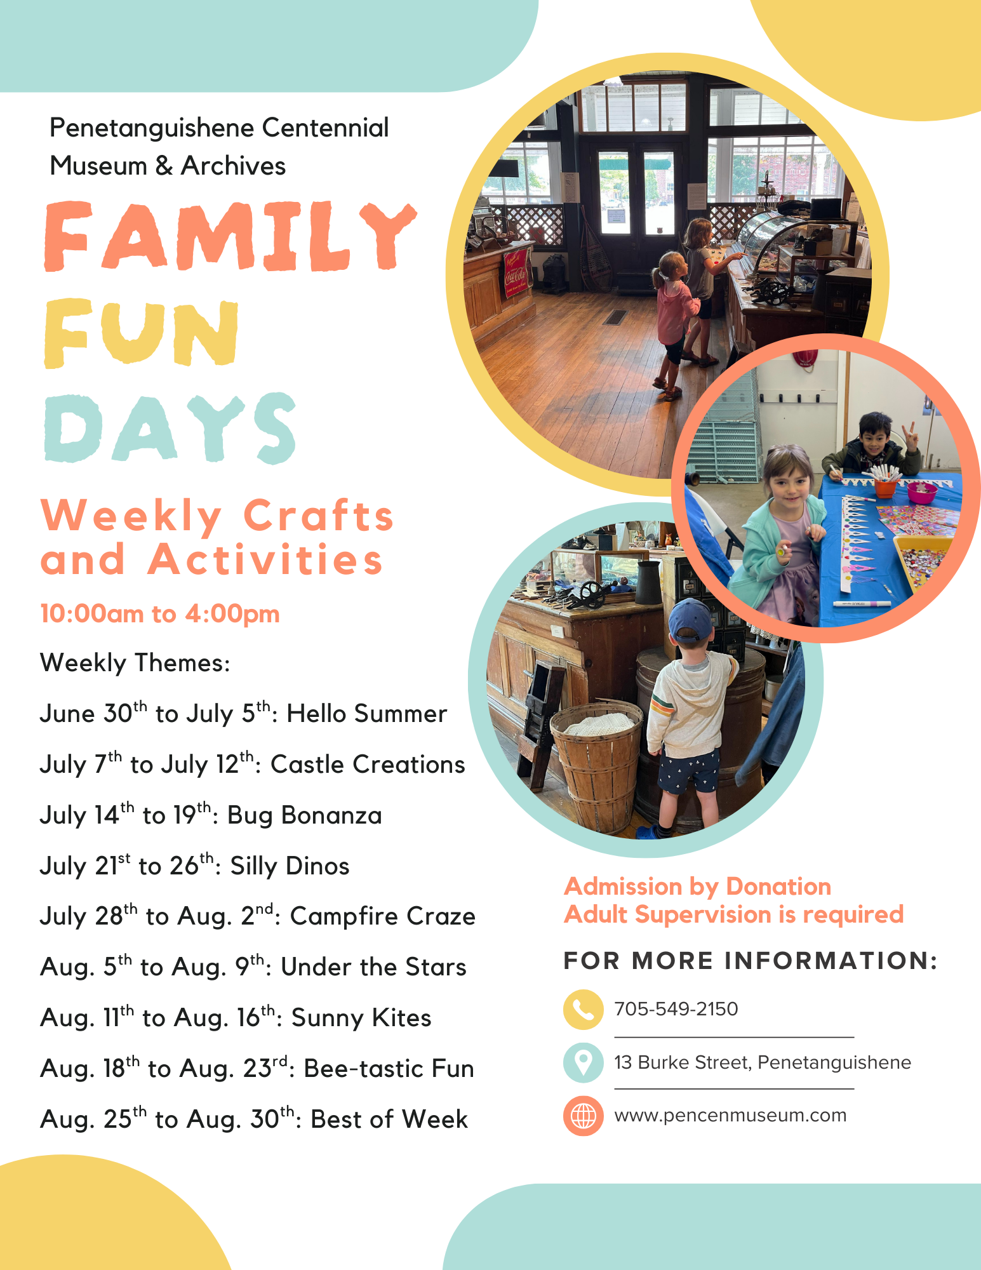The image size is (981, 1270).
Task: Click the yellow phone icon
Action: (x=583, y=1009)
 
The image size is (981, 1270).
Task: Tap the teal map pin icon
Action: (x=583, y=1062)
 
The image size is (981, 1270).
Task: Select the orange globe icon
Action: (x=583, y=1116)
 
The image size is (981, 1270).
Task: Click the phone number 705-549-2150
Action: (x=676, y=1009)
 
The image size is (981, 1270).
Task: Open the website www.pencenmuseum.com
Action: (x=730, y=1116)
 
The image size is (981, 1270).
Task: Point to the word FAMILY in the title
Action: (x=230, y=236)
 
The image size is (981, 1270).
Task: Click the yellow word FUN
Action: (x=142, y=333)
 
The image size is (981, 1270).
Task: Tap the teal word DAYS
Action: (x=170, y=428)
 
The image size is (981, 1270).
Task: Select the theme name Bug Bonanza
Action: (x=305, y=816)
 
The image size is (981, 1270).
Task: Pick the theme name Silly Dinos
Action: (x=290, y=866)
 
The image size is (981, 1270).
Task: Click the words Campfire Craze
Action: (x=383, y=917)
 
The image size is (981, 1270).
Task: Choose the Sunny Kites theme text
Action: (x=361, y=1019)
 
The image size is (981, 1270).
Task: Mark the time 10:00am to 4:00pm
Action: (x=160, y=614)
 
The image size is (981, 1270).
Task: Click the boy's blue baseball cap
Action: (x=690, y=619)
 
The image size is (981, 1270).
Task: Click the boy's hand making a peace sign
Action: (x=912, y=438)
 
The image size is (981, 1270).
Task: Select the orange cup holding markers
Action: (x=884, y=486)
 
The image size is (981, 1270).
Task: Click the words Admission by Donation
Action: (x=698, y=886)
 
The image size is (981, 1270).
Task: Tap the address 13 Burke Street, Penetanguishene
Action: (x=763, y=1062)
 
